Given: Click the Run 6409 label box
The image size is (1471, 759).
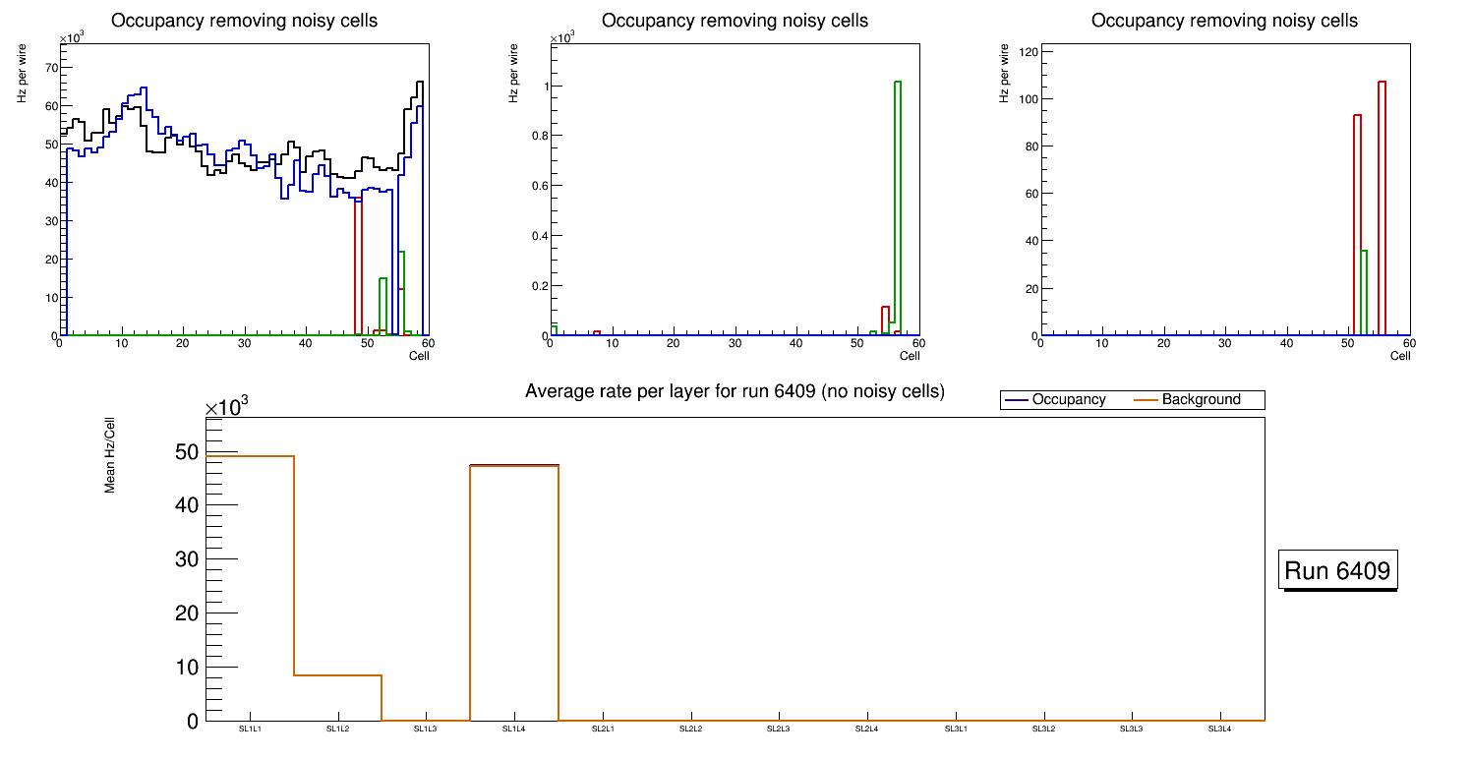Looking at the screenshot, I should (1337, 570).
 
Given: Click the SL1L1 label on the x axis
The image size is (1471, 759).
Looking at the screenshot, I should (250, 730).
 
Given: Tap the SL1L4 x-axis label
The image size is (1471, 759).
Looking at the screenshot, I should (514, 730).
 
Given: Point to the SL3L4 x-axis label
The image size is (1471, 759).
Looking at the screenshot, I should (1219, 730).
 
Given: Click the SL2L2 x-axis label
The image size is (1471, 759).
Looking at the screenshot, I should (690, 730).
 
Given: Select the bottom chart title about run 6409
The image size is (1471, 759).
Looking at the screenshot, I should (735, 391).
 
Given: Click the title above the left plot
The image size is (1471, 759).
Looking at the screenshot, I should (244, 21).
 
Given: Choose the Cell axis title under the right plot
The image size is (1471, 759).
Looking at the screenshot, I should (1400, 356).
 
